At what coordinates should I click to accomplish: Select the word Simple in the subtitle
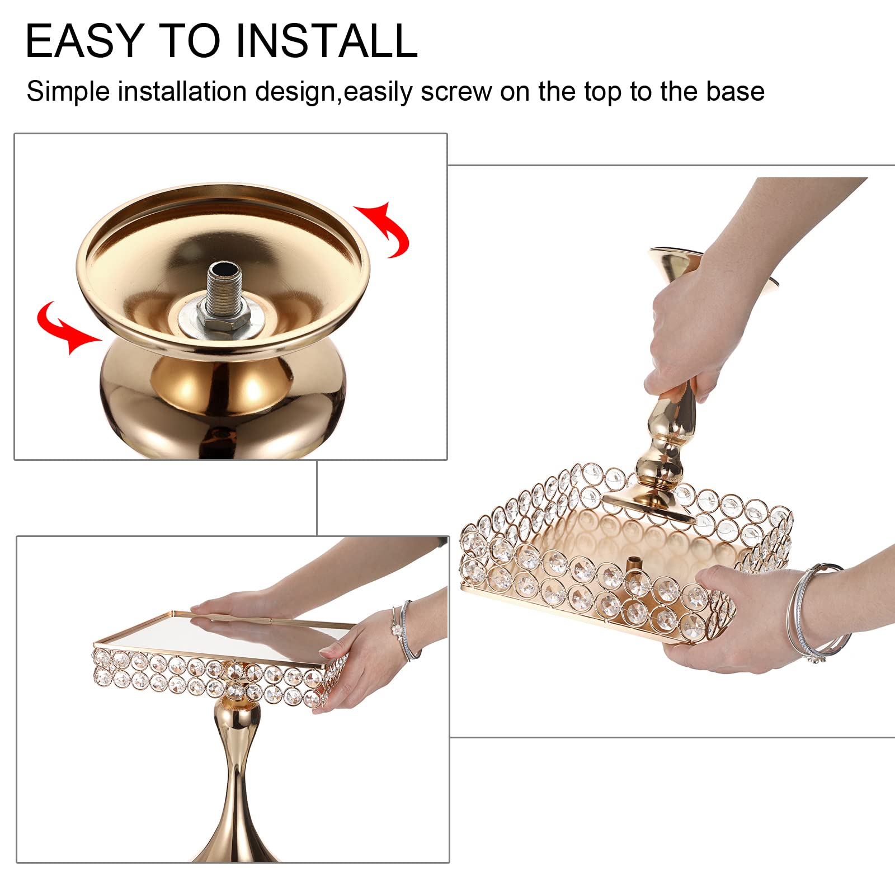point(68,92)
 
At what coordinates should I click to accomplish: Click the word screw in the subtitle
point(455,92)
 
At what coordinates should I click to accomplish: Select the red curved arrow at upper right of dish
point(385,229)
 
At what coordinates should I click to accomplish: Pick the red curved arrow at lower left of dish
point(64,327)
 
